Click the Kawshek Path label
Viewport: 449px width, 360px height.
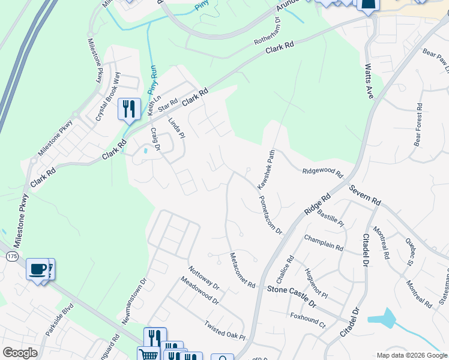click(x=267, y=170)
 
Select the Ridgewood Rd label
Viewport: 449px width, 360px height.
click(x=322, y=173)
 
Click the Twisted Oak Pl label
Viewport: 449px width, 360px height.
click(x=225, y=330)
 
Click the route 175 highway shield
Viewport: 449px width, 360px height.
click(x=13, y=257)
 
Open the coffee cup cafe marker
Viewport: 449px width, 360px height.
click(x=38, y=268)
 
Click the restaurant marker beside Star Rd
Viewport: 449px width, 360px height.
click(x=129, y=108)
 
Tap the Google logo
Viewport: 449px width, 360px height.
click(x=20, y=353)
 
